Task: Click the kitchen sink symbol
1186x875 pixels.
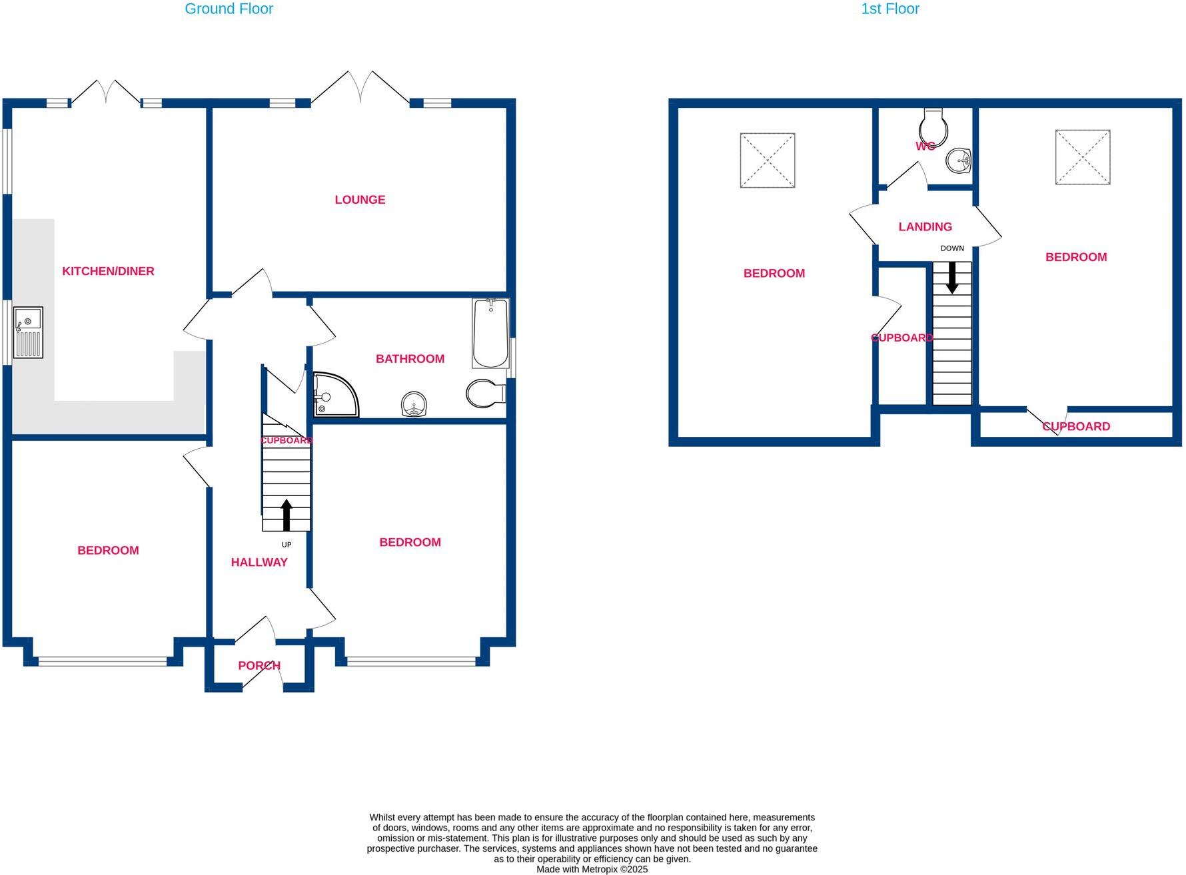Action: point(28,332)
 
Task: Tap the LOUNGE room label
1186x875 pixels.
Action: point(360,200)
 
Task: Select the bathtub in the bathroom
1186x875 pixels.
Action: point(490,334)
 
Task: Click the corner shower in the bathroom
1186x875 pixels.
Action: point(333,395)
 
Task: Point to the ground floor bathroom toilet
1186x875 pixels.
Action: point(486,394)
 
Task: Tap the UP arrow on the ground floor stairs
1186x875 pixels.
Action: point(287,515)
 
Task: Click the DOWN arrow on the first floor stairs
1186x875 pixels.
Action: point(952,277)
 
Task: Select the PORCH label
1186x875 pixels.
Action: point(259,665)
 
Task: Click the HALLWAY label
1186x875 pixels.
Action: point(259,562)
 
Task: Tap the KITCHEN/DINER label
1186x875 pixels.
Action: point(108,271)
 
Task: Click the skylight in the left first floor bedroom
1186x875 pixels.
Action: point(768,160)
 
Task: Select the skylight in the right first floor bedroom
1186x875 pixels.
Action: point(1083,157)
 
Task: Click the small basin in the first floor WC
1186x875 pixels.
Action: point(959,160)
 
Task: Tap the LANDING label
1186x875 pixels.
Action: point(925,227)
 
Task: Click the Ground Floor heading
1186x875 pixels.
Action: point(229,9)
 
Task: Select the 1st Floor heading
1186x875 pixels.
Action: point(889,9)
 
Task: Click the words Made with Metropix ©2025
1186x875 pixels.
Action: point(592,869)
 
